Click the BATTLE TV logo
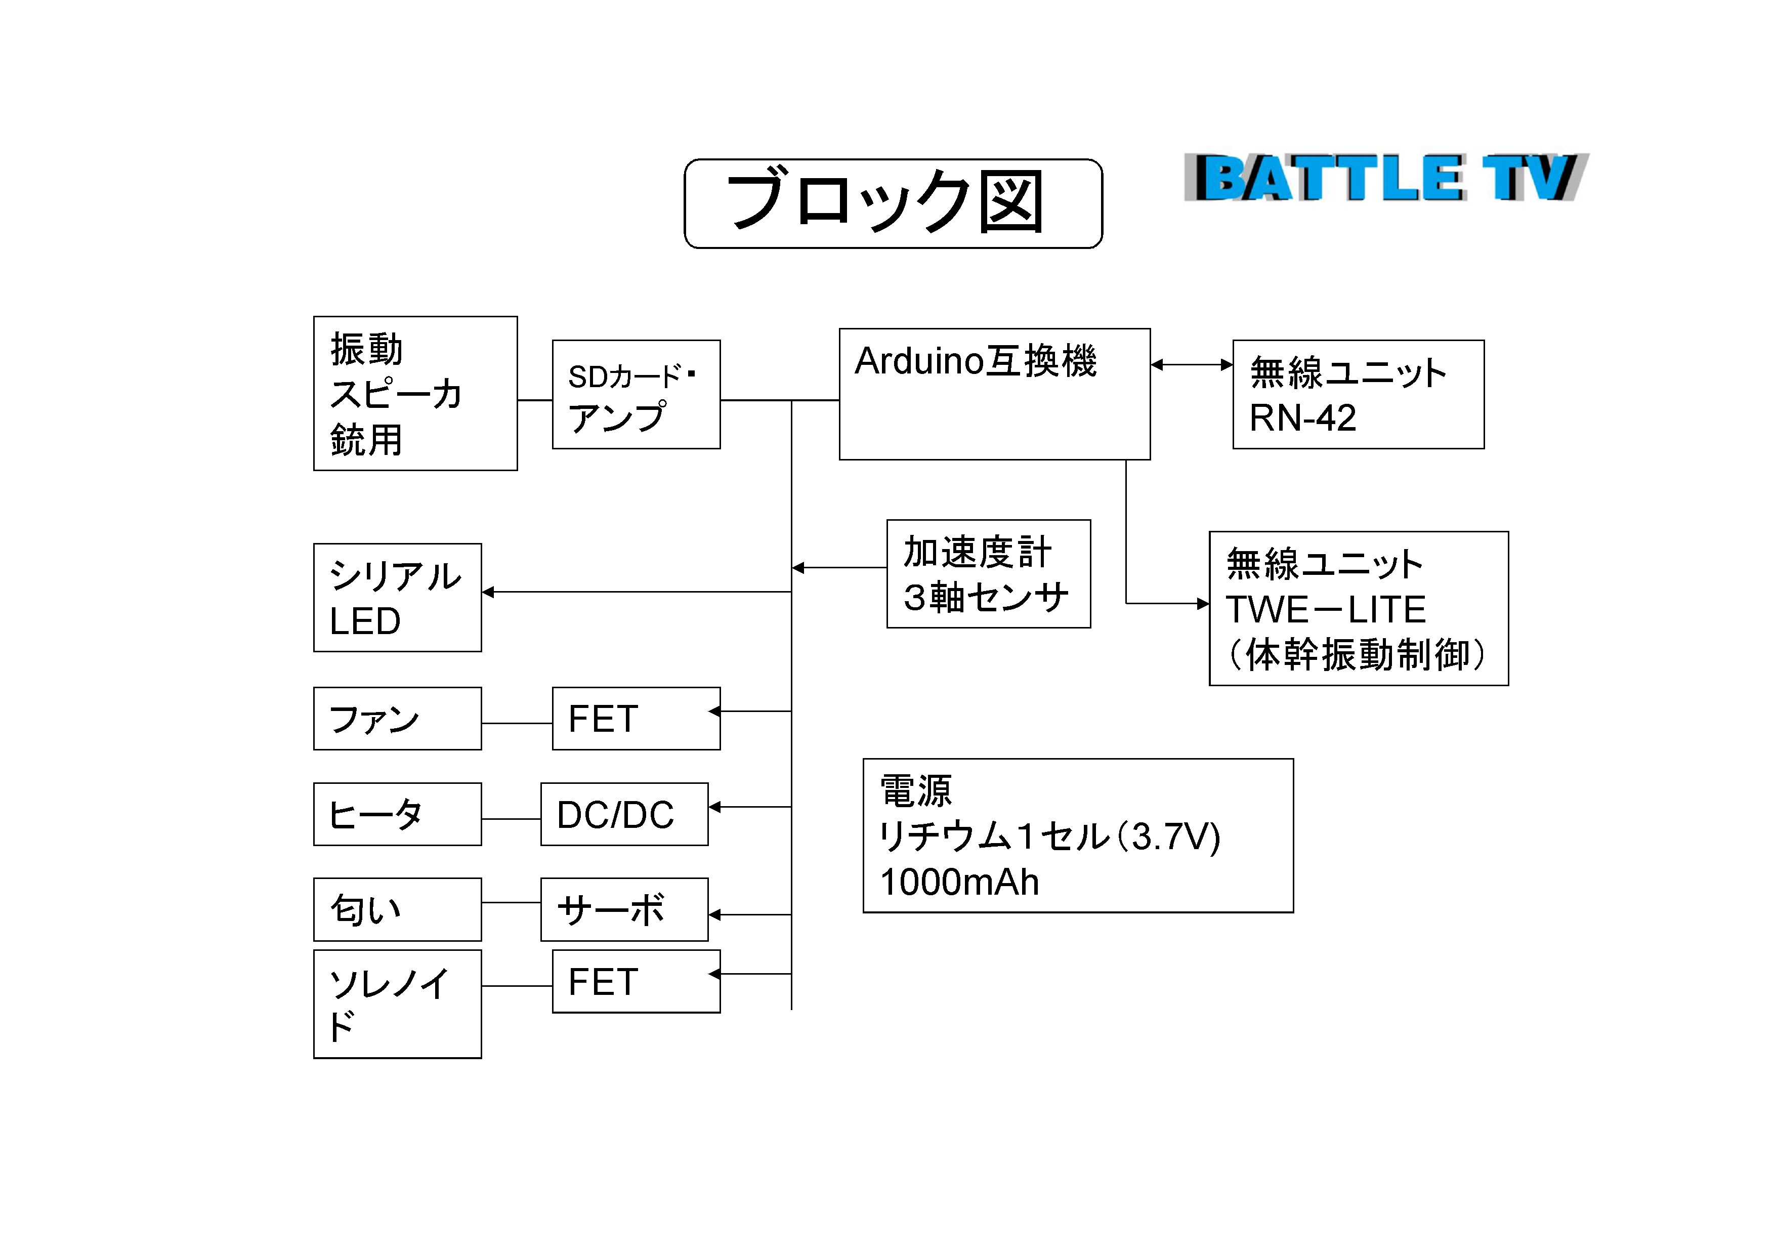pos(1385,178)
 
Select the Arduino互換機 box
pos(994,394)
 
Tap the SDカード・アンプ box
pos(636,394)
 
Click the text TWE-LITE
pos(1326,609)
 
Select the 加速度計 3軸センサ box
pos(988,574)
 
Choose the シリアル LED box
pos(397,598)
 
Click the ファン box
pos(397,719)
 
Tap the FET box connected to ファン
pos(636,719)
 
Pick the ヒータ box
pos(397,814)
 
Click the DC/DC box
pos(624,814)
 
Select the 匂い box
pos(397,909)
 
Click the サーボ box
pos(624,909)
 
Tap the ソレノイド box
pos(397,1003)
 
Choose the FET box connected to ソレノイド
pos(636,981)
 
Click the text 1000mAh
pos(959,882)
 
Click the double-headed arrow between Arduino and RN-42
pos(1191,365)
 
